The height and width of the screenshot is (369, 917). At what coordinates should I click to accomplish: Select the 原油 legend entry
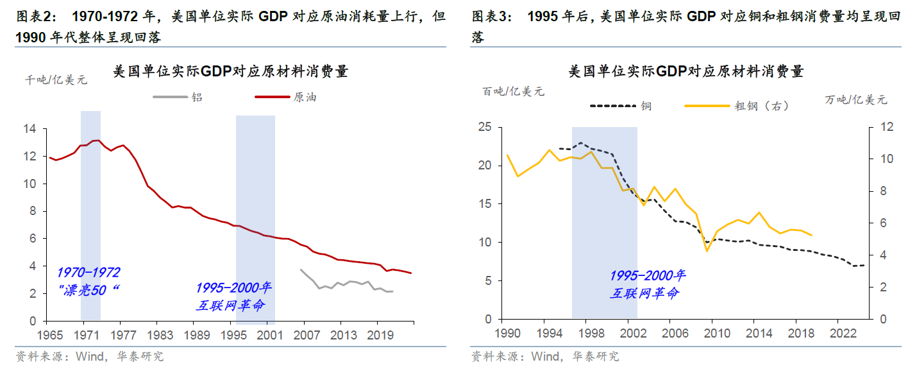tap(305, 98)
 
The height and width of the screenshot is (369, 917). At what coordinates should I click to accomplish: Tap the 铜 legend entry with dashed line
tap(646, 106)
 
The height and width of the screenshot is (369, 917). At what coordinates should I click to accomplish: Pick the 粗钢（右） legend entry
tap(761, 106)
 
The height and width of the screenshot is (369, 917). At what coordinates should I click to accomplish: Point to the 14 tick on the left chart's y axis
tap(29, 129)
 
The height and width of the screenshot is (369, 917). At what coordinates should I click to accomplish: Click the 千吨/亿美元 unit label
tap(56, 80)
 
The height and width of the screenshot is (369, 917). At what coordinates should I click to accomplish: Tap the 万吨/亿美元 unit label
tap(855, 99)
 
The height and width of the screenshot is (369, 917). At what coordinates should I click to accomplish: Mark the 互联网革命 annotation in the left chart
tap(230, 305)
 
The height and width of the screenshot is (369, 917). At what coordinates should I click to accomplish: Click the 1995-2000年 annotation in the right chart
tap(647, 275)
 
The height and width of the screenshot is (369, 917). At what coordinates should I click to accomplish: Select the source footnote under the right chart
tap(544, 356)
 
